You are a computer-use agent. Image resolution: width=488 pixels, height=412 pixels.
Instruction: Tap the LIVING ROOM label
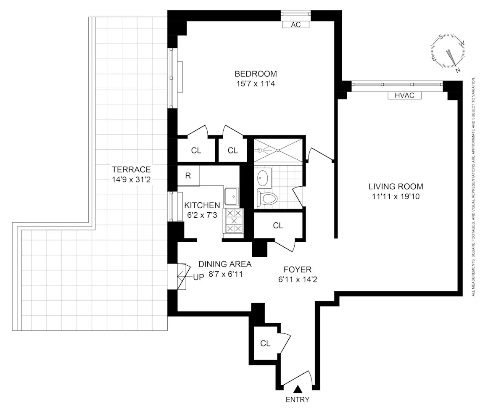[396, 187]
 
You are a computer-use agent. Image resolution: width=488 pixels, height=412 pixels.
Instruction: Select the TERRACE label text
[131, 170]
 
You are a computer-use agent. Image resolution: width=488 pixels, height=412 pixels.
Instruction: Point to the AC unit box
[295, 25]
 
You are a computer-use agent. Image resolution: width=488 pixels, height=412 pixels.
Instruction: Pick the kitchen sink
[232, 196]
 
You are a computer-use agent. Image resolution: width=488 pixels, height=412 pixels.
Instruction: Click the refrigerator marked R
[188, 176]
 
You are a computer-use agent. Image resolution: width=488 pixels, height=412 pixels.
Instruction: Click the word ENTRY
[297, 400]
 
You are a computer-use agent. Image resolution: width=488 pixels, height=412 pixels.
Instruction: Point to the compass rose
[448, 51]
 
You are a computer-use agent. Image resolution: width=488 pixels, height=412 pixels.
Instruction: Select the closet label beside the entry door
[265, 343]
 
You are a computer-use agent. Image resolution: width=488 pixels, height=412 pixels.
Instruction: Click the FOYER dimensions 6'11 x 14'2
[297, 278]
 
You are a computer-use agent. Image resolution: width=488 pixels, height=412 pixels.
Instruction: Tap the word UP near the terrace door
[198, 277]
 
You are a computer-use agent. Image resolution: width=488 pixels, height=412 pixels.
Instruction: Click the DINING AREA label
[225, 264]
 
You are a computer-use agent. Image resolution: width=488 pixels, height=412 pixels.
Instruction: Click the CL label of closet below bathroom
[278, 226]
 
